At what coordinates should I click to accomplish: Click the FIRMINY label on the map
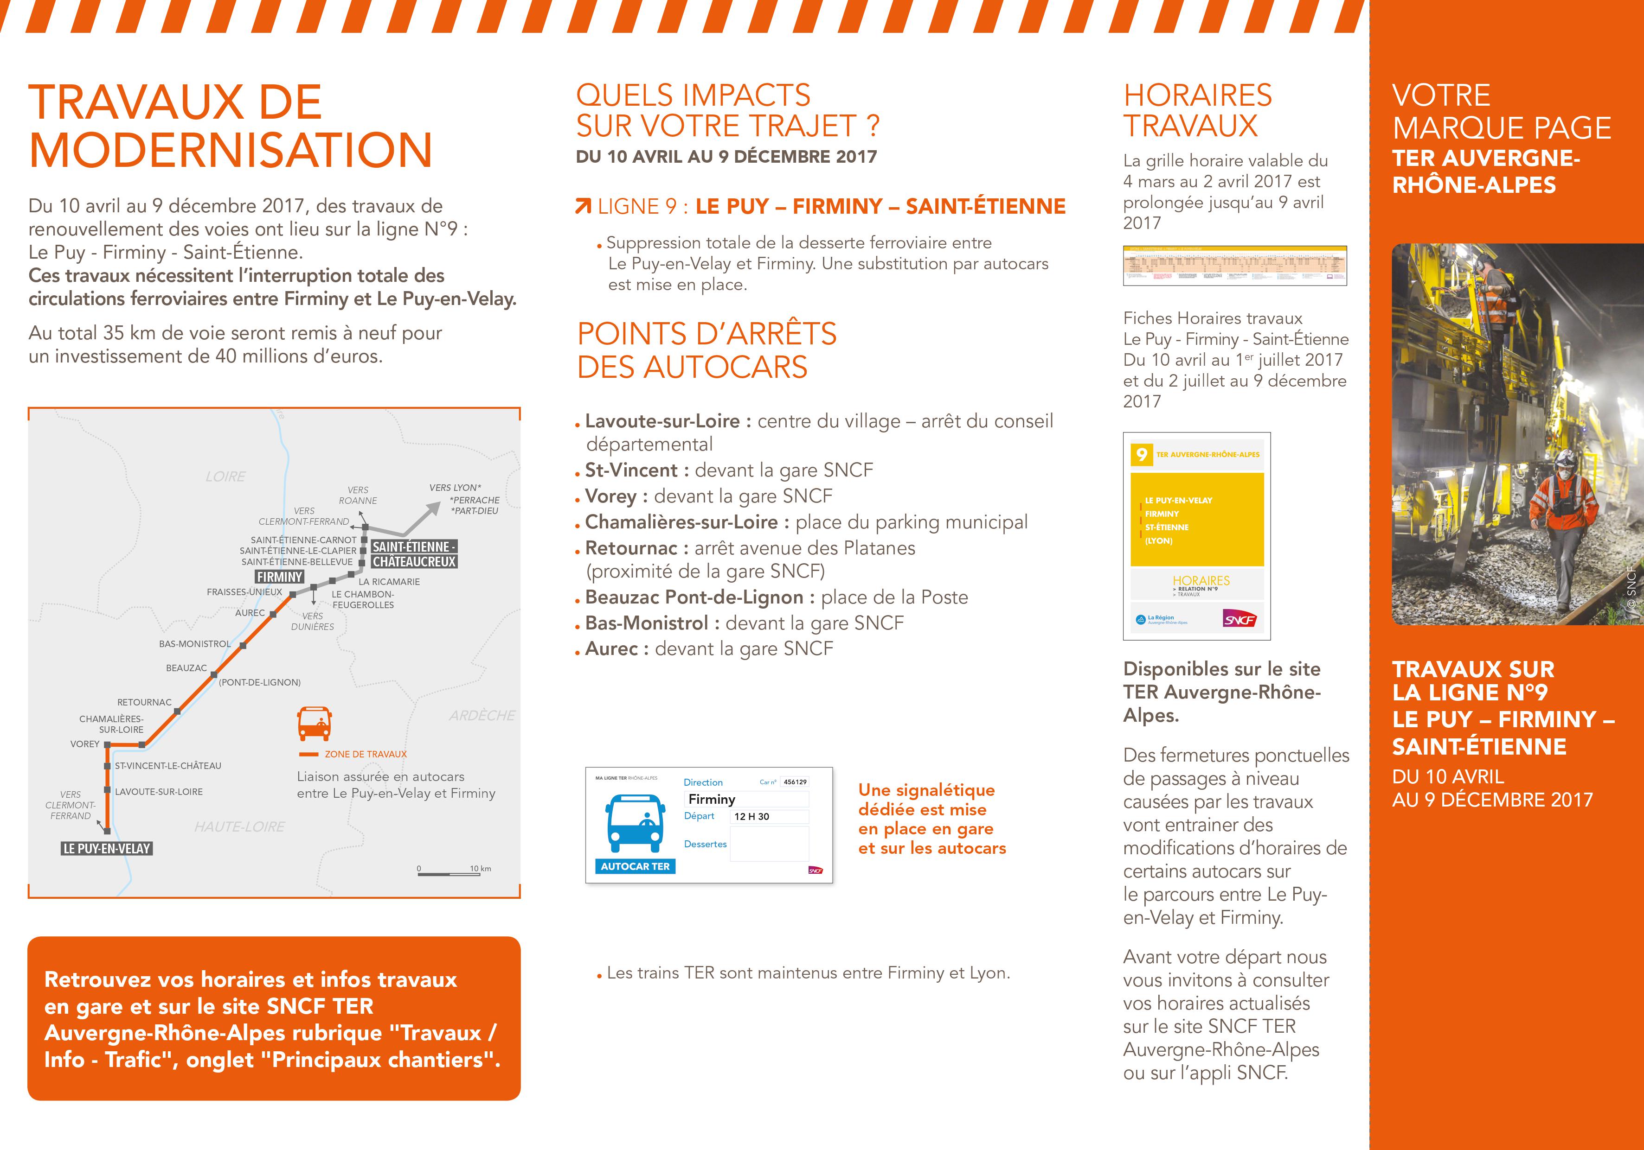(x=279, y=577)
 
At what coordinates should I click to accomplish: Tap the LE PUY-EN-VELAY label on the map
(x=107, y=849)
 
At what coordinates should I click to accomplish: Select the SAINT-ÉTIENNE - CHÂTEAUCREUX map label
(x=414, y=554)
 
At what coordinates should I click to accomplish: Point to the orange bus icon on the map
(x=315, y=723)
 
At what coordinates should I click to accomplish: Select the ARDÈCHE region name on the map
(x=482, y=716)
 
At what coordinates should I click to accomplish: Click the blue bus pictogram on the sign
(x=635, y=823)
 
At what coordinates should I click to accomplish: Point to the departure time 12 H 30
(x=752, y=817)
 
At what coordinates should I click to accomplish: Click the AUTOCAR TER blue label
(x=635, y=866)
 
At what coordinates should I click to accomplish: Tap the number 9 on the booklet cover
(x=1141, y=454)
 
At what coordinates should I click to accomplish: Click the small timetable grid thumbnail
(x=1234, y=266)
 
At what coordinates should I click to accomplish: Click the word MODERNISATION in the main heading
(x=231, y=150)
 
